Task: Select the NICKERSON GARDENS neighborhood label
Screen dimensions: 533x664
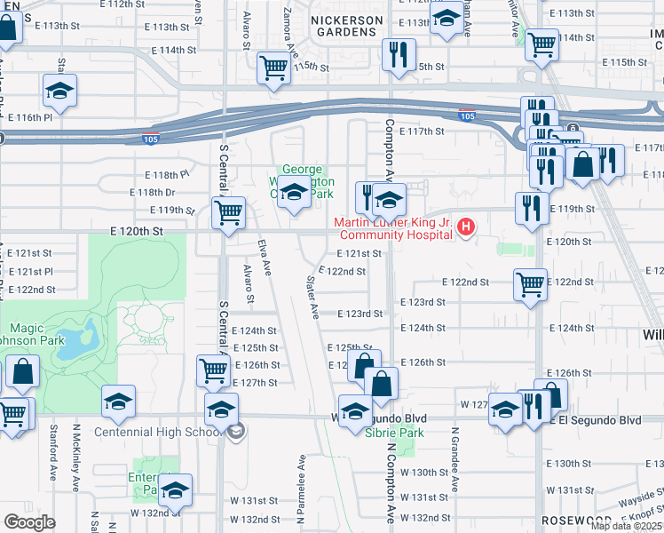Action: [x=347, y=26]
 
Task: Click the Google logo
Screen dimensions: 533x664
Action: [x=29, y=522]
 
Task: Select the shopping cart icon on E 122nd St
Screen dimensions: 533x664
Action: [x=530, y=285]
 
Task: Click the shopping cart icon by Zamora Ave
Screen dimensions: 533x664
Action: [x=274, y=68]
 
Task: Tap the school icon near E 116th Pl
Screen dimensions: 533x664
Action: [x=59, y=91]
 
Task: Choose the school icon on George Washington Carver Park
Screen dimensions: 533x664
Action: [x=293, y=193]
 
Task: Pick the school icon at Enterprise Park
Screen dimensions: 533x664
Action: [x=175, y=490]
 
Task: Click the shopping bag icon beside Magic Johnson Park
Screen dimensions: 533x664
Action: [x=22, y=373]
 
